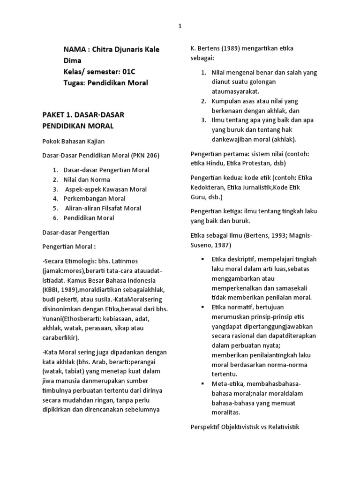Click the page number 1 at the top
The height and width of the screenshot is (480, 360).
point(180,27)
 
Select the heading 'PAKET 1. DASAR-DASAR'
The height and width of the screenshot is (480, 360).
point(84,115)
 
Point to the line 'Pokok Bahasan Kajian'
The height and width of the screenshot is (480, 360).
point(73,141)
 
